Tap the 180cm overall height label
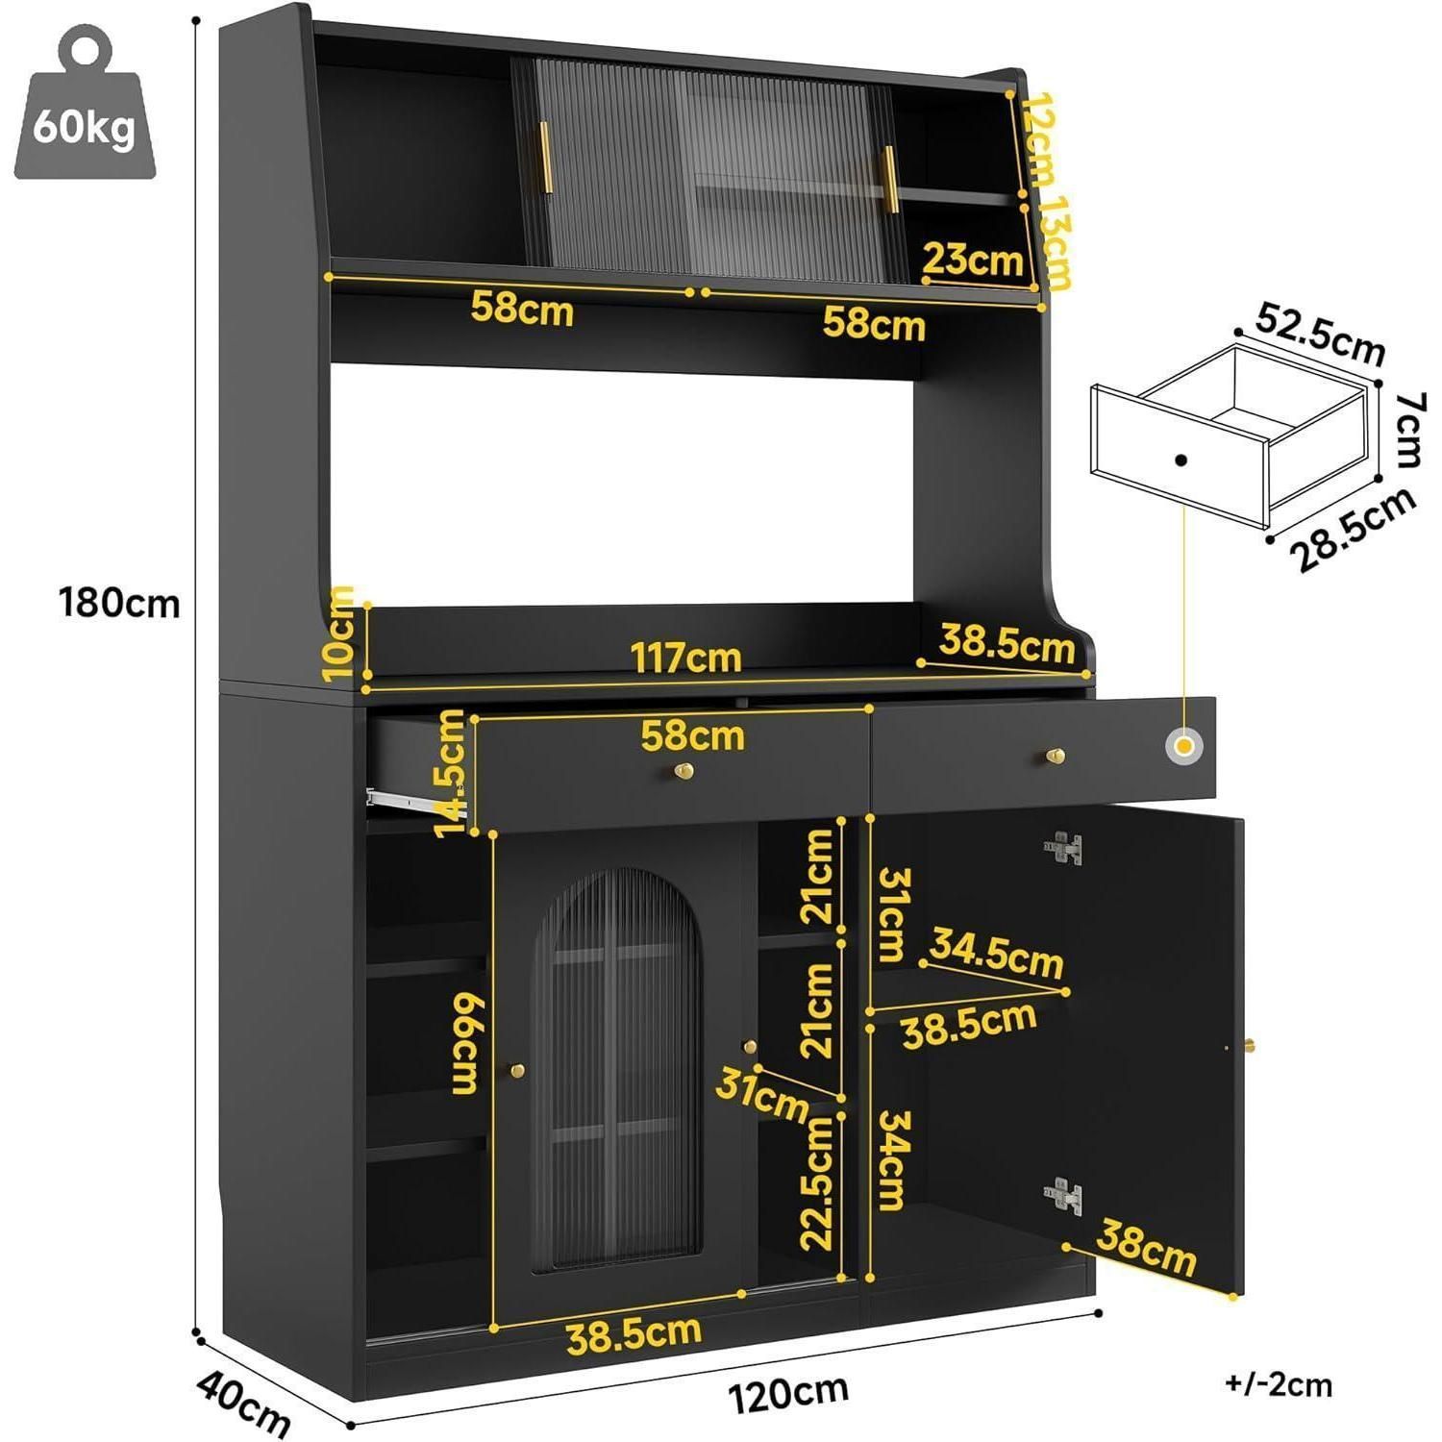pyautogui.click(x=119, y=604)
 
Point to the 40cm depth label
pyautogui.click(x=244, y=1403)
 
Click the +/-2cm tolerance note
pyautogui.click(x=1279, y=1384)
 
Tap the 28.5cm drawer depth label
pyautogui.click(x=1353, y=530)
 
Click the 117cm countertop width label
pyautogui.click(x=685, y=658)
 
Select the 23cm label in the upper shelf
pyautogui.click(x=972, y=260)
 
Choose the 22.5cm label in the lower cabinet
pyautogui.click(x=817, y=1182)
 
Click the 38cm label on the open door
pyautogui.click(x=1147, y=1247)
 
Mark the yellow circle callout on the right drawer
pyautogui.click(x=1184, y=746)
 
